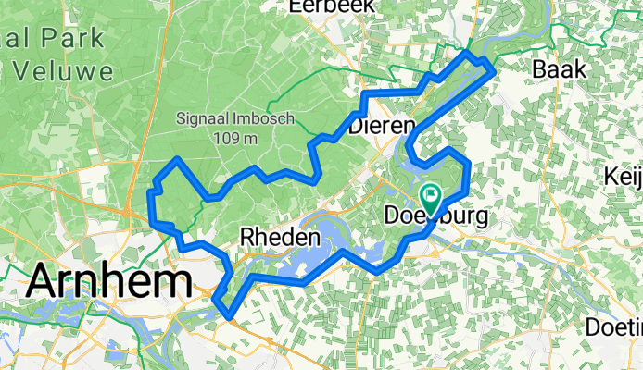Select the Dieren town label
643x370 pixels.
(x=381, y=128)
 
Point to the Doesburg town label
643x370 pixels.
(x=435, y=216)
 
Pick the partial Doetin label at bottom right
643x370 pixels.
(x=614, y=328)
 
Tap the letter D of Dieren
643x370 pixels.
(x=356, y=128)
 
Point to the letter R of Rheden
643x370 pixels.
(x=246, y=237)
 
